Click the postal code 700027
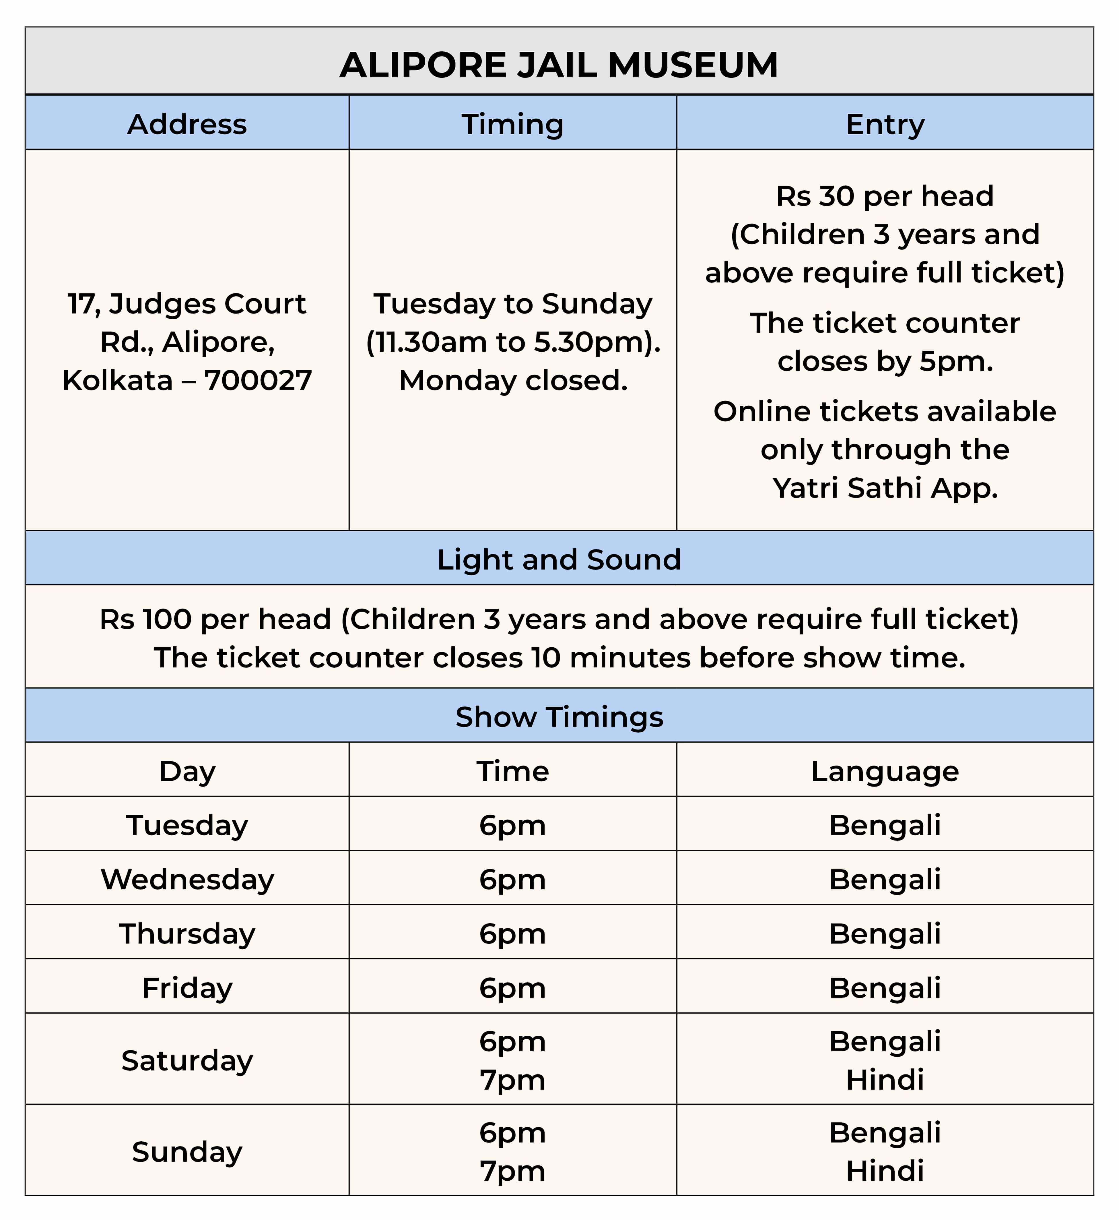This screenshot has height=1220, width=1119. [258, 380]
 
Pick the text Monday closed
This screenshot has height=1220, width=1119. [513, 380]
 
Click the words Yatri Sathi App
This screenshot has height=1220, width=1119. [885, 488]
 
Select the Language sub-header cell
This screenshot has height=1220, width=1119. [885, 771]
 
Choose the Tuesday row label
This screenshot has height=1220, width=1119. [187, 825]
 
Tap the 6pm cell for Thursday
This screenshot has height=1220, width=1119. [512, 934]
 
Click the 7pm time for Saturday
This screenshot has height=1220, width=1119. [512, 1079]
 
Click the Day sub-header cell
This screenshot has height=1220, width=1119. [187, 771]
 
